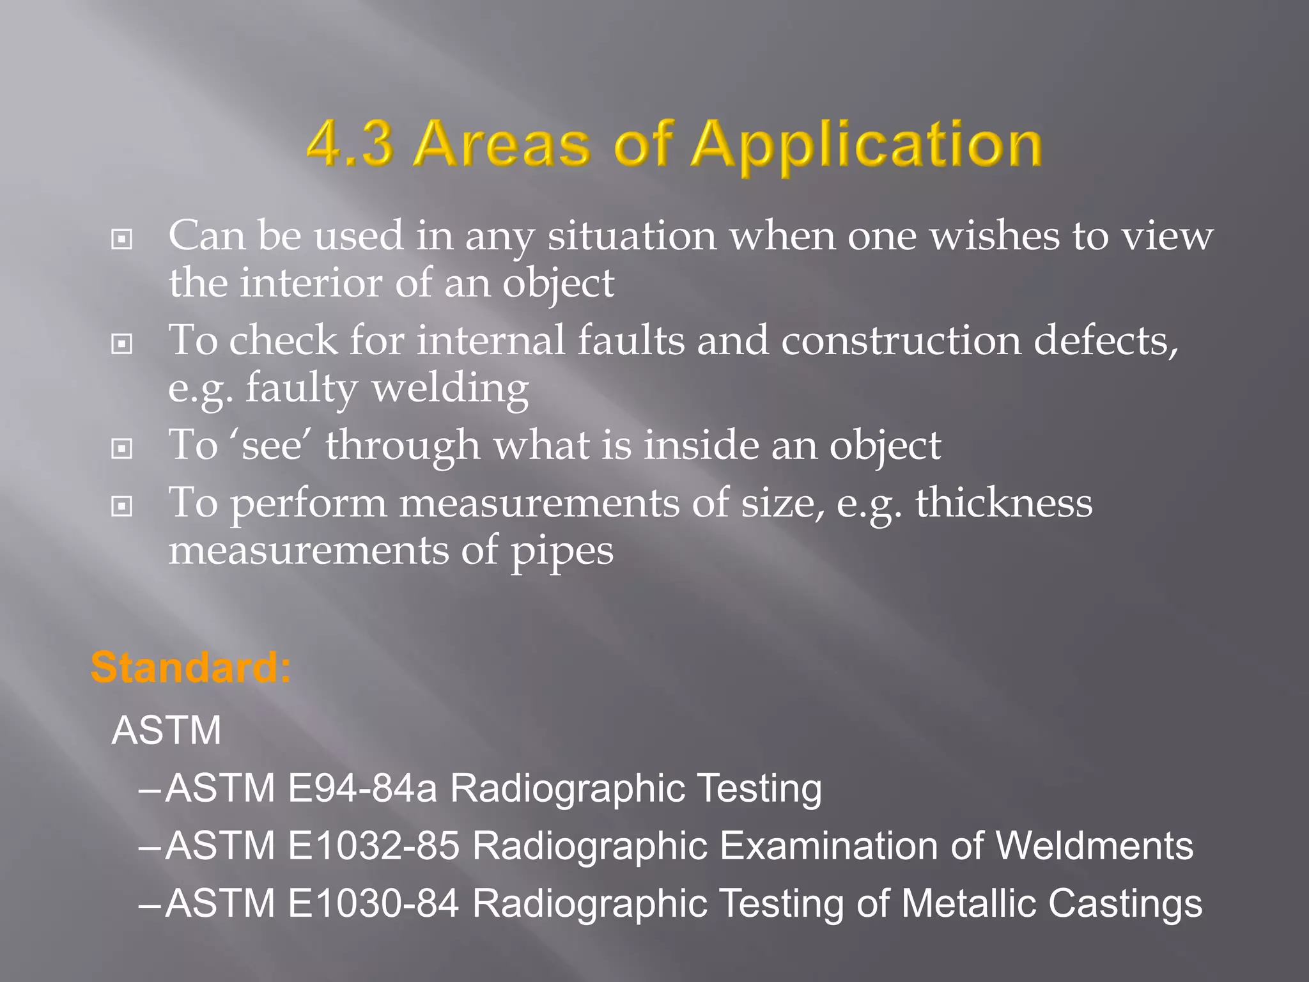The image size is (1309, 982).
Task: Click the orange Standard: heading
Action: (x=190, y=667)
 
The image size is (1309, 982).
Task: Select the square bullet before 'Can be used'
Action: (x=121, y=240)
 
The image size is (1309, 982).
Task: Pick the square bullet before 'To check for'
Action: (x=121, y=345)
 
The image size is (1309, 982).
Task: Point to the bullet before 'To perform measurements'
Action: (x=121, y=507)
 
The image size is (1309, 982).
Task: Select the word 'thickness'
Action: (x=1003, y=503)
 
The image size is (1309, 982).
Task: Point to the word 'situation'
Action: (x=631, y=237)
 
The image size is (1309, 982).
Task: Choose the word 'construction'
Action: (x=900, y=341)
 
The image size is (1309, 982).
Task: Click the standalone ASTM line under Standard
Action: (x=166, y=730)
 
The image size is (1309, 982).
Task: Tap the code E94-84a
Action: (x=362, y=788)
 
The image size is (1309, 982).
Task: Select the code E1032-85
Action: (x=373, y=845)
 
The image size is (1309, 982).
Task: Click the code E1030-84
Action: (x=373, y=903)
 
